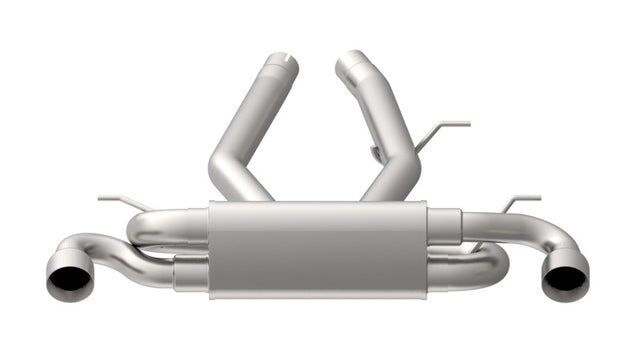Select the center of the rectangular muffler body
click(318, 249)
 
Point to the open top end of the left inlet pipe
click(282, 63)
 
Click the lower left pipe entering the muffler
click(190, 273)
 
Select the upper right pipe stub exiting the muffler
click(445, 226)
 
